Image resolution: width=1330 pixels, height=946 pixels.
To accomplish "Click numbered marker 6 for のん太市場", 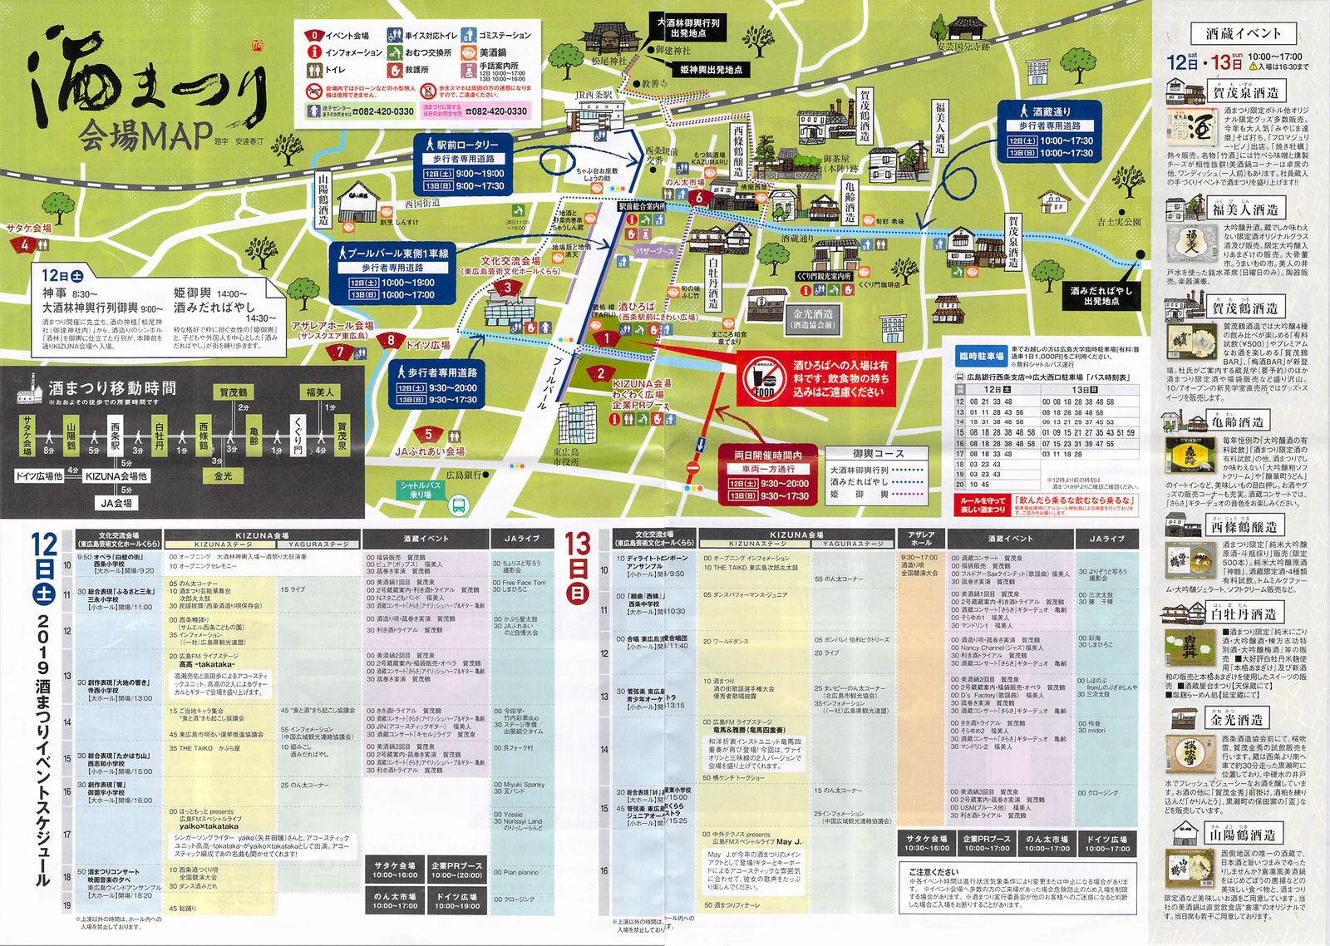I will [699, 198].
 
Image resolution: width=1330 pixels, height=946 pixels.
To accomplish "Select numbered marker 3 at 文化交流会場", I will [507, 288].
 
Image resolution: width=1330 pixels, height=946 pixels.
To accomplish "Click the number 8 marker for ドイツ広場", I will [391, 340].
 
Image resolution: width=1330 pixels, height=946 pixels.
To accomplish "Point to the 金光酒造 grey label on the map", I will [812, 319].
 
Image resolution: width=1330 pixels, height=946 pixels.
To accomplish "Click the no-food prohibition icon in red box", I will [764, 379].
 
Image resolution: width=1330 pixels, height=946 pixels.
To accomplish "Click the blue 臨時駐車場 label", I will [982, 357].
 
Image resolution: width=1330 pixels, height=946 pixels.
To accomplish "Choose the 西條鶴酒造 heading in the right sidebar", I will [1244, 526].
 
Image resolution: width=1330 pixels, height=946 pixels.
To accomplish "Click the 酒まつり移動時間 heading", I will [112, 387].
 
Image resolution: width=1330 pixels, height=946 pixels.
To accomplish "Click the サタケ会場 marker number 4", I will [25, 245].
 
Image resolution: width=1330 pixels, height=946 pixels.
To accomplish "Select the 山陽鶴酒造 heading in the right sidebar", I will [1244, 834].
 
